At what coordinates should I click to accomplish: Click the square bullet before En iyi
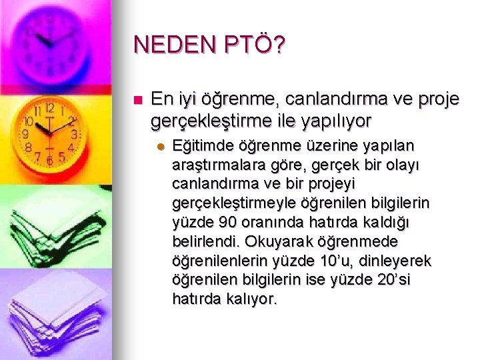[138, 101]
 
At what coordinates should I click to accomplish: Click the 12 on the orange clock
[49, 107]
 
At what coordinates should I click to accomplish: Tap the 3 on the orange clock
[75, 134]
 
